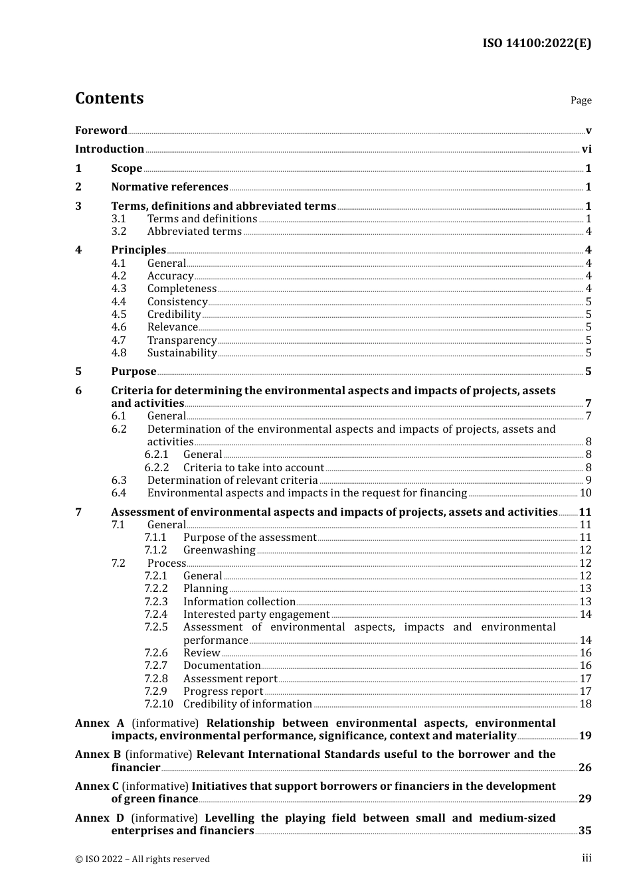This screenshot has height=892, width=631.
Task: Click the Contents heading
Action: pos(109,98)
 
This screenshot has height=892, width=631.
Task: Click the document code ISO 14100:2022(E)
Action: pos(536,43)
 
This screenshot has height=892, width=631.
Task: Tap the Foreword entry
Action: pos(101,131)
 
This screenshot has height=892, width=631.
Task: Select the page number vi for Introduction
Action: pos(586,149)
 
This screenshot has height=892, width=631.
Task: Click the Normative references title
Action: pos(169,187)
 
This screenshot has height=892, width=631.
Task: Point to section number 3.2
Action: pos(119,232)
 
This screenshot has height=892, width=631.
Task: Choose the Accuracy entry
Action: pos(170,276)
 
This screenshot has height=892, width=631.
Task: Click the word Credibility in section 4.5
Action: pos(174,315)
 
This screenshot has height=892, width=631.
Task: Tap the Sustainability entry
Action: pos(182,353)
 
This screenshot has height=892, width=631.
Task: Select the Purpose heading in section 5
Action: pos(134,372)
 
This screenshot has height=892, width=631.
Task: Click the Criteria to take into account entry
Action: pos(254,468)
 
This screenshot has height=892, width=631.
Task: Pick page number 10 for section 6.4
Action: pos(585,493)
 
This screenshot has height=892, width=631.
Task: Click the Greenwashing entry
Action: pos(219,550)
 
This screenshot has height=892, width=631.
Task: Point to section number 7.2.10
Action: pos(159,704)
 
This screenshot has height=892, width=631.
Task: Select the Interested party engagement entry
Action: pos(256,615)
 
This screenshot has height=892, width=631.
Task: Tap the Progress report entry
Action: pos(223,692)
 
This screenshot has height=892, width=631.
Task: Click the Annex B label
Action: pos(98,755)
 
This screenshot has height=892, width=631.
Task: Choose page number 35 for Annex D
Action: pos(585,831)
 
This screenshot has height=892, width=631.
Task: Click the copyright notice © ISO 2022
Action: pos(142,859)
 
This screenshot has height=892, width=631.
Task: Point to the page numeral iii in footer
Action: pos(586,858)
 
